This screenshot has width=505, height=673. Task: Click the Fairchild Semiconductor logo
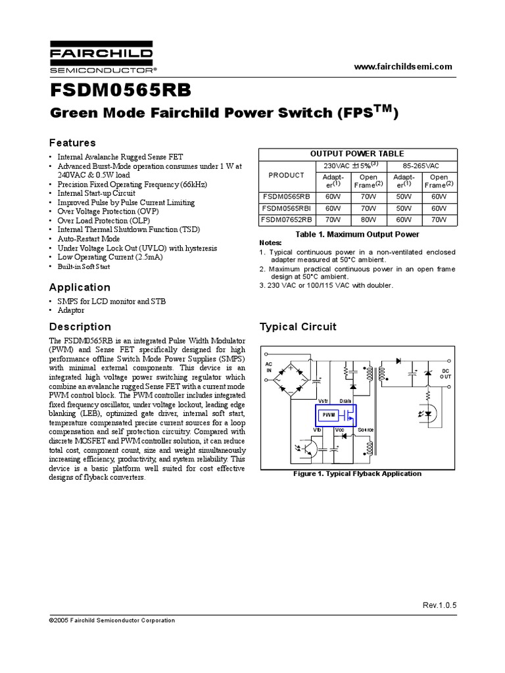pyautogui.click(x=101, y=58)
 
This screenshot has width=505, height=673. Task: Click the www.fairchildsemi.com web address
pyautogui.click(x=403, y=66)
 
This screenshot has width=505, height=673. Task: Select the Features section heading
pyautogui.click(x=73, y=143)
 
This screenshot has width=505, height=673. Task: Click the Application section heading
pyautogui.click(x=80, y=287)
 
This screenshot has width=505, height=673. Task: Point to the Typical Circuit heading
pyautogui.click(x=298, y=327)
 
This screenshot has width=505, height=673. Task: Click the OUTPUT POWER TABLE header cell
pyautogui.click(x=357, y=153)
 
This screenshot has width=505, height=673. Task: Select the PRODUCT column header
pyautogui.click(x=287, y=175)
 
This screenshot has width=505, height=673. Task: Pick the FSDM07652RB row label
pyautogui.click(x=287, y=219)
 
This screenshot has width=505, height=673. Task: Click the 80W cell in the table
pyautogui.click(x=369, y=219)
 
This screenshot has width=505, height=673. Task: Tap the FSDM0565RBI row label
pyautogui.click(x=287, y=208)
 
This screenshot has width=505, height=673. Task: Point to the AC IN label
pyautogui.click(x=268, y=367)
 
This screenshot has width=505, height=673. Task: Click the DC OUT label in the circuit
pyautogui.click(x=446, y=373)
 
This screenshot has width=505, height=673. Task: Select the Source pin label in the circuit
pyautogui.click(x=366, y=429)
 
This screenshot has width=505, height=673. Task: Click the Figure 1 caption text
pyautogui.click(x=357, y=473)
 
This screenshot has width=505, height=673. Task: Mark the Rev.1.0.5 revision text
pyautogui.click(x=438, y=605)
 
